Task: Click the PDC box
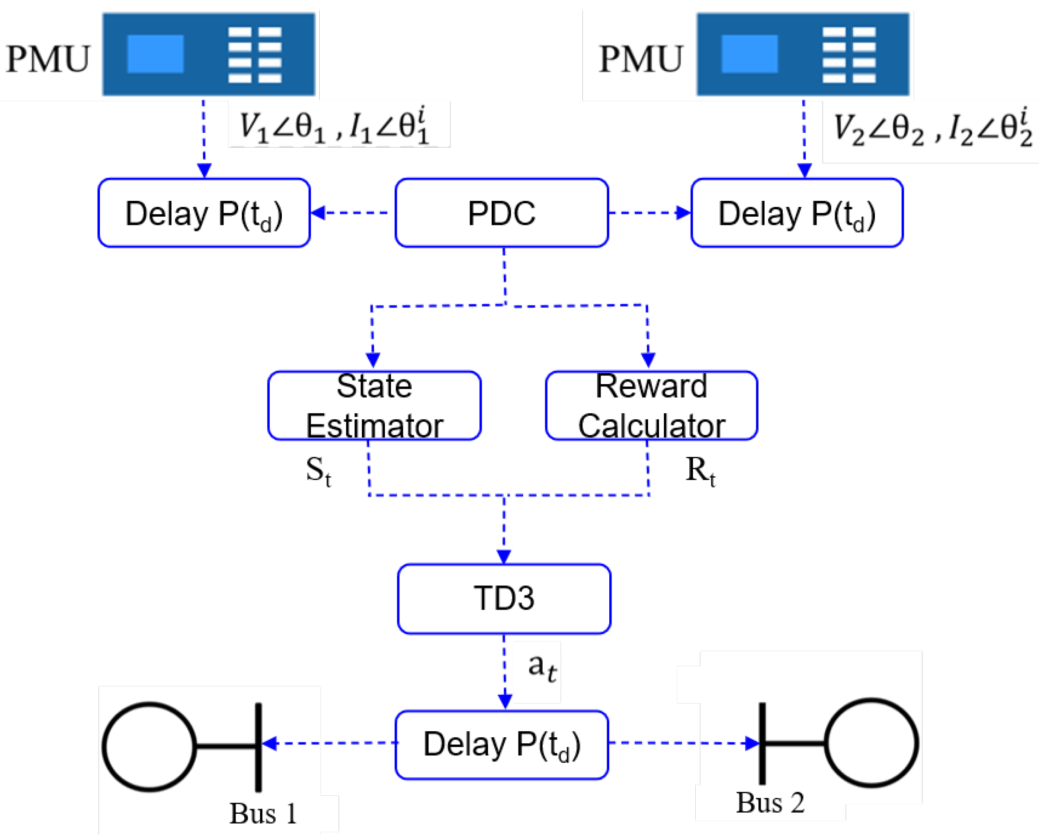tap(501, 212)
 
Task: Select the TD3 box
tap(504, 598)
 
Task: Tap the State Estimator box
tap(374, 405)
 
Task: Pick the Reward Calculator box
tap(651, 405)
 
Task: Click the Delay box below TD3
tap(501, 744)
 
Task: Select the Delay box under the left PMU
tap(204, 212)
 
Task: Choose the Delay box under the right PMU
tap(797, 212)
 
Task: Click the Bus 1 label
tap(263, 814)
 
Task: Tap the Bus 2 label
tap(770, 803)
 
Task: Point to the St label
tap(319, 471)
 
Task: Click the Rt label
tap(700, 471)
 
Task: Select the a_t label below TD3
tap(542, 667)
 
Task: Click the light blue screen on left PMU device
tap(155, 54)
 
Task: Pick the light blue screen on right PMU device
tap(749, 54)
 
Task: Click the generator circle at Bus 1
tap(149, 747)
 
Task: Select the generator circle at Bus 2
tap(871, 743)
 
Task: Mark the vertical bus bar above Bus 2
tap(762, 742)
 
